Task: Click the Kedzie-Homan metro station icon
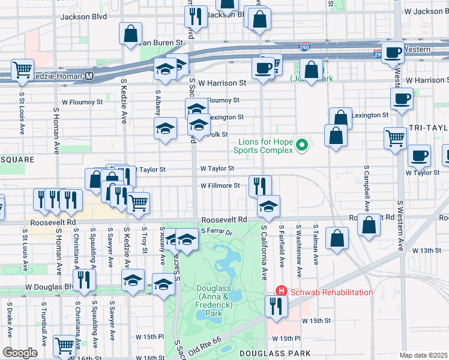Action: point(89,76)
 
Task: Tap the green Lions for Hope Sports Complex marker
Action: point(303,145)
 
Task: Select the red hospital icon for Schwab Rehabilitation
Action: point(280,292)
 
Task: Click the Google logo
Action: point(20,353)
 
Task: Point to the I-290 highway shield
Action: point(304,46)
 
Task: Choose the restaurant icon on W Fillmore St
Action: point(260,185)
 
